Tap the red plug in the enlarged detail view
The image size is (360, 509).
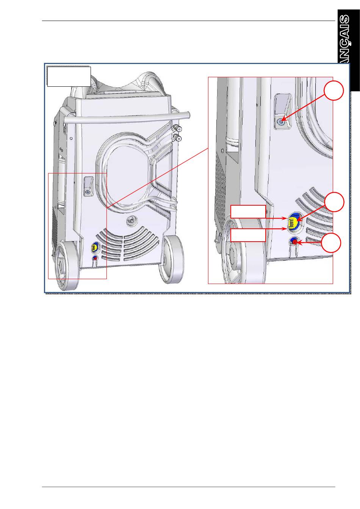(x=294, y=241)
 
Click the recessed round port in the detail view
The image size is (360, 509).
(x=281, y=121)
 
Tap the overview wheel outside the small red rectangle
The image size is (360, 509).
(x=171, y=258)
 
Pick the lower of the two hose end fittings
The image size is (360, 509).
(x=177, y=137)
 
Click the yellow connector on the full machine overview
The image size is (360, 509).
(x=94, y=247)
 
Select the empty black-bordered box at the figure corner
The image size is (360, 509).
(x=69, y=77)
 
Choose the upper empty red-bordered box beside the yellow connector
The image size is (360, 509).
(x=248, y=211)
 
